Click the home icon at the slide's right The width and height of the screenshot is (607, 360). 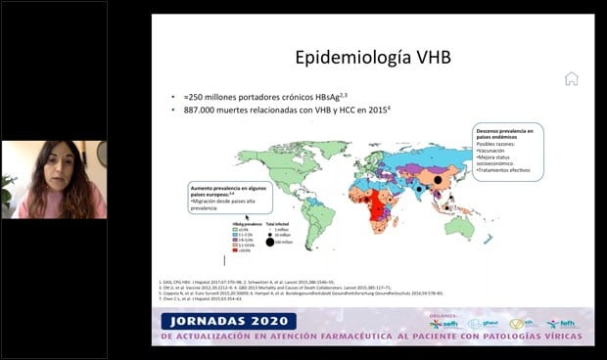point(571,78)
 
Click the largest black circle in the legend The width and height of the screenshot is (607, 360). point(270,242)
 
